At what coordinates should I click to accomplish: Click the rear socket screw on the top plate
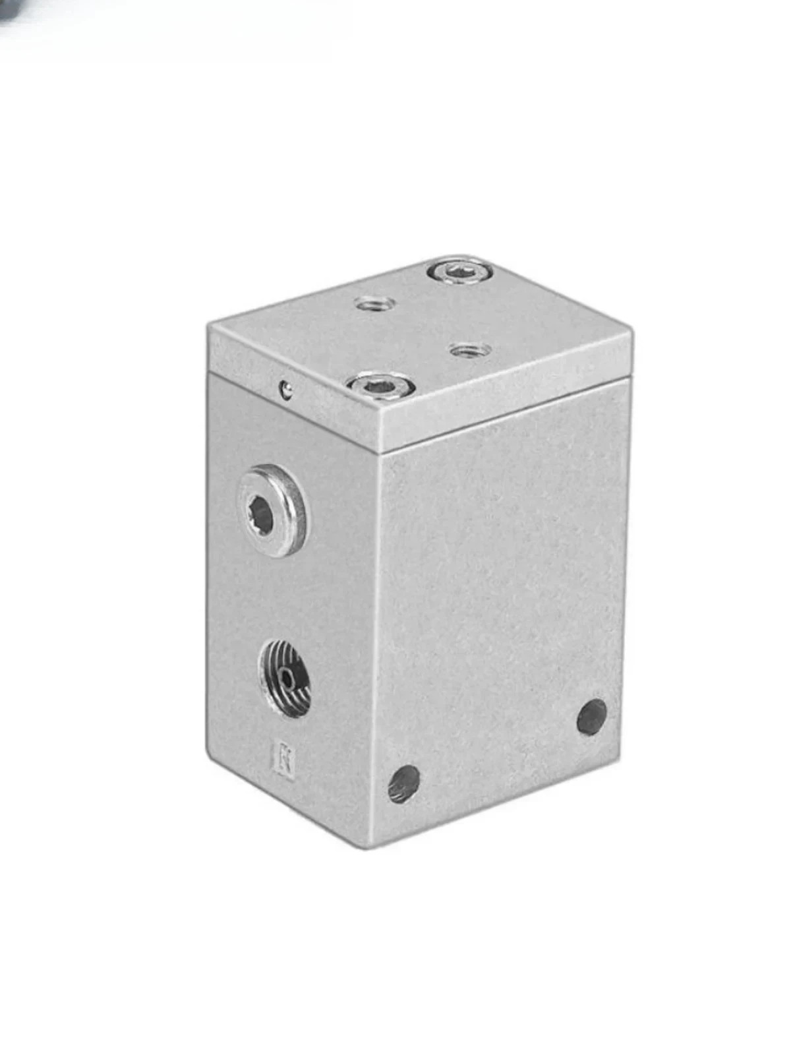pos(460,272)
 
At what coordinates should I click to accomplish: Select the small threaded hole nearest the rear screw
pos(374,304)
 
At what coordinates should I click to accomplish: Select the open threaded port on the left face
pos(285,678)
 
